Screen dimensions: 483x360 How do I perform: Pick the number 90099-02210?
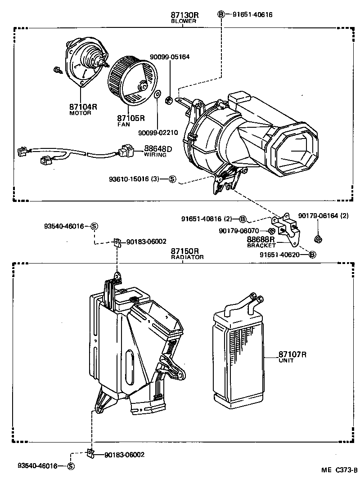[158, 133]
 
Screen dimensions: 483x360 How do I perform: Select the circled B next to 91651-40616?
[221, 14]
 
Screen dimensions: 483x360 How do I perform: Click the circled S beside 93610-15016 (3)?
[172, 179]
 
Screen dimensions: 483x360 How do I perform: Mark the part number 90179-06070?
[239, 231]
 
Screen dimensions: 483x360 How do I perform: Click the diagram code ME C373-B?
[338, 470]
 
